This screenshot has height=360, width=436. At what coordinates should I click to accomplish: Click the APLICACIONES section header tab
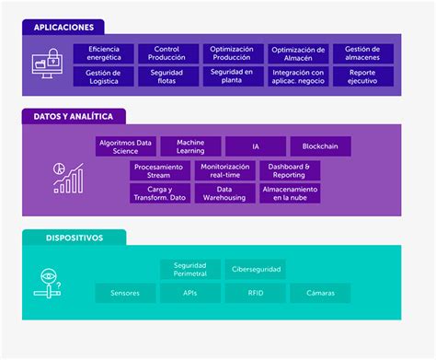pos(63,28)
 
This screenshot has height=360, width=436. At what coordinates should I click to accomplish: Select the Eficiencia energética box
pos(103,53)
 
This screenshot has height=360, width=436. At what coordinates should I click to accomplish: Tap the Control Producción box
pos(166,53)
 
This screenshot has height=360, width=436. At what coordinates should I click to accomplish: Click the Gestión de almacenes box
pos(363,53)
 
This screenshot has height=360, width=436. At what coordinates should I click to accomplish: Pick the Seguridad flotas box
pos(166,76)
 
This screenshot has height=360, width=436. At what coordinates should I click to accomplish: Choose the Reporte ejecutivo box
pos(363,76)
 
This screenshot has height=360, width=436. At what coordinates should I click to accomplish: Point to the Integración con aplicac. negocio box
pos(298,76)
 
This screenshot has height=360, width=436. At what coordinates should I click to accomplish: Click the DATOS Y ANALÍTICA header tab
pos(74,117)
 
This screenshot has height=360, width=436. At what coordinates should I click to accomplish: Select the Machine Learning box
pos(190,146)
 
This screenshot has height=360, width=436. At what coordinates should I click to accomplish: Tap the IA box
pos(256,146)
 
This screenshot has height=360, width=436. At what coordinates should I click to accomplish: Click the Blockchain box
pos(320,146)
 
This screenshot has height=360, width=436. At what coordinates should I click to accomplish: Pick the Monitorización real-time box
pos(224,170)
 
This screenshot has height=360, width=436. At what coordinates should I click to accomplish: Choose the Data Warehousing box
pos(224,193)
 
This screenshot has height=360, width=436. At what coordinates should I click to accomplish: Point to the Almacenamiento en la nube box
pos(290,193)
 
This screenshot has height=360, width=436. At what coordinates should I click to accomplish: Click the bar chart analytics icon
pos(68,178)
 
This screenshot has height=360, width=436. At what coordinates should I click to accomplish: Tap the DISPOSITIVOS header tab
pos(74,238)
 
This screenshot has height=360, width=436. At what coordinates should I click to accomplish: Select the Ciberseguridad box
pos(256,269)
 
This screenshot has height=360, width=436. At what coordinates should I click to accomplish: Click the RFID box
pos(256,294)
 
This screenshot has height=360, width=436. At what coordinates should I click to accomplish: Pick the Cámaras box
pos(320,294)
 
